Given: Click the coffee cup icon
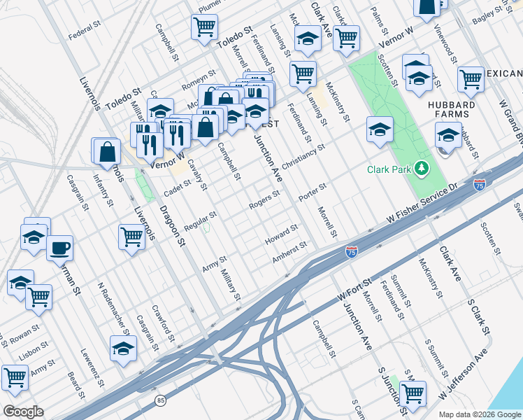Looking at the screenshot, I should (60, 247).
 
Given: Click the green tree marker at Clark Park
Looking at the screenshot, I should (421, 168).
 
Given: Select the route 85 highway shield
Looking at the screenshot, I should (160, 400).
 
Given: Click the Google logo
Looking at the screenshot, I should (24, 412).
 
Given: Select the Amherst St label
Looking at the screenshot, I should (290, 252).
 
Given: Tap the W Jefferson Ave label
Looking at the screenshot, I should (462, 378).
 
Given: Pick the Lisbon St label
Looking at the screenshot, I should (33, 350).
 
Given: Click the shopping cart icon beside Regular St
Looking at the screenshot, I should (131, 236).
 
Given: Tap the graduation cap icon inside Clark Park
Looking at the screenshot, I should (380, 129).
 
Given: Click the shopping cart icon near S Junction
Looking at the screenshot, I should (413, 393).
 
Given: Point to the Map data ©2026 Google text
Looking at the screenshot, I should (480, 413).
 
